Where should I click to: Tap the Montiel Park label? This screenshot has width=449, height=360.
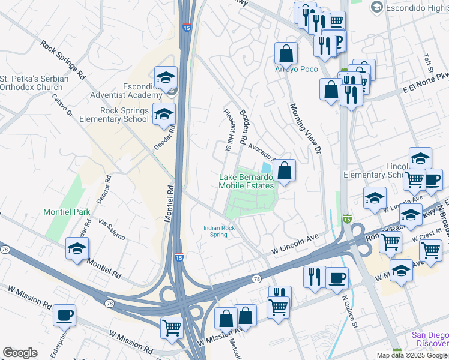coord(66,212)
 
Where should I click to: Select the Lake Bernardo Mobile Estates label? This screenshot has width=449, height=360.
coord(246,181)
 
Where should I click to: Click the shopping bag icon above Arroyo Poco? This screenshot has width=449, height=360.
coord(286,53)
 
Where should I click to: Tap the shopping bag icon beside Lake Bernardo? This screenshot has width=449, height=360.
coord(285,170)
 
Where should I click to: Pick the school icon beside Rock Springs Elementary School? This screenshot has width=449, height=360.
coord(164,114)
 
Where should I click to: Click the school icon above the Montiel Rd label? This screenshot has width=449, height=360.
coord(77,249)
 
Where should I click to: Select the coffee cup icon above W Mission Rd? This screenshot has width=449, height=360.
coord(64,315)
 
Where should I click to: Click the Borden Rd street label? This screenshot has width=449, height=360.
coord(244,126)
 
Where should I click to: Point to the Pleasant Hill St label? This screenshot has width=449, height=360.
coord(228,130)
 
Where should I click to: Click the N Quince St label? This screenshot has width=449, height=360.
coord(349,313)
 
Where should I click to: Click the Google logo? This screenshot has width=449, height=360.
coord(20,353)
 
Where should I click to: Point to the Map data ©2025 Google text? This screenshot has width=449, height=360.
coord(412,355)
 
